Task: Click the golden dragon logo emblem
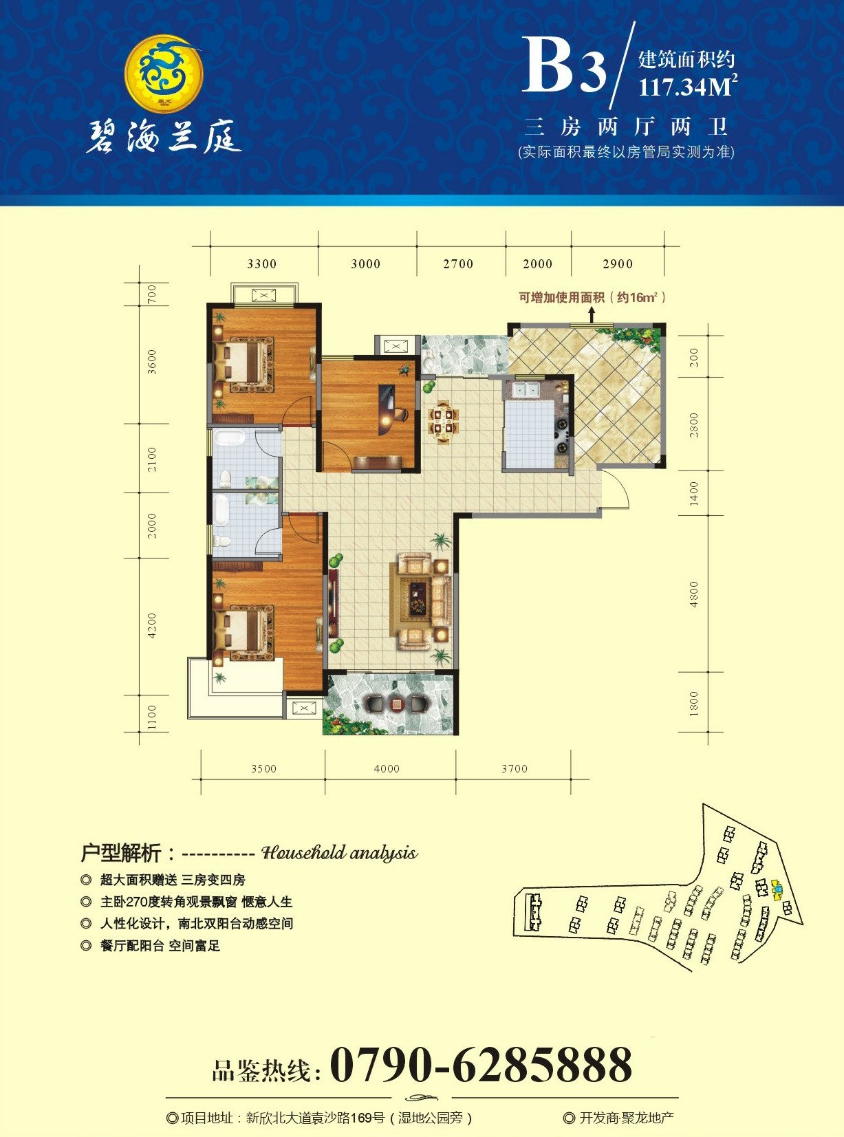pyautogui.click(x=164, y=70)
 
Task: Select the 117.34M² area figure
pyautogui.click(x=688, y=87)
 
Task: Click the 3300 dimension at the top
pyautogui.click(x=262, y=264)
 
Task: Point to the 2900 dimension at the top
pyautogui.click(x=618, y=264)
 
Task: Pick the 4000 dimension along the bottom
pyautogui.click(x=387, y=768)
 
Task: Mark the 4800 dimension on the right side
pyautogui.click(x=694, y=594)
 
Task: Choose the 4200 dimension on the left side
pyautogui.click(x=152, y=626)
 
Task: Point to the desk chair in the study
pyautogui.click(x=402, y=412)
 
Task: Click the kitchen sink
pyautogui.click(x=526, y=389)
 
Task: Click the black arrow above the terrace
pyautogui.click(x=592, y=314)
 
